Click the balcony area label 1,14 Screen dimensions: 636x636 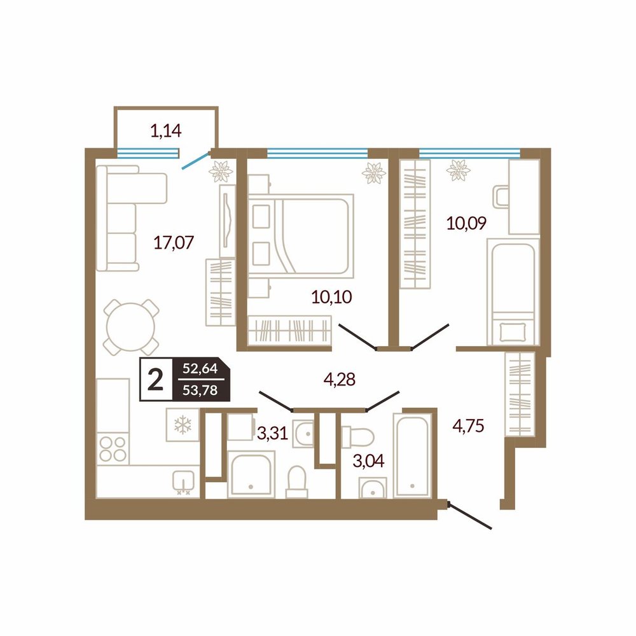point(165,131)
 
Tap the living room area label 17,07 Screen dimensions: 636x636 point(174,242)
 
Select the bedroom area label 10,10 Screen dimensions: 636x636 point(331,297)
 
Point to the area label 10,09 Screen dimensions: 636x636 point(466,223)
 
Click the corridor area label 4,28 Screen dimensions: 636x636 point(340,380)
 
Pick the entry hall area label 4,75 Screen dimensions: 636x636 point(468,426)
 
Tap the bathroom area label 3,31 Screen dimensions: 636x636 point(272,434)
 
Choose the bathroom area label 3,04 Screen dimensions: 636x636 point(368,460)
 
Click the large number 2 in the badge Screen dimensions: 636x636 point(155,380)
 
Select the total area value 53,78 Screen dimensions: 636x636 point(200,391)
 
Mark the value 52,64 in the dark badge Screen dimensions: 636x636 point(200,369)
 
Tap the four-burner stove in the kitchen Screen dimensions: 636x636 point(113,448)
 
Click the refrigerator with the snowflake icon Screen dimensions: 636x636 point(183,425)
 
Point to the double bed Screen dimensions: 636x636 point(301,236)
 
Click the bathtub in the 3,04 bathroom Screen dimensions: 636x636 point(411,455)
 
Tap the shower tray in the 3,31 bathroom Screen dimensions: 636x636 point(251,474)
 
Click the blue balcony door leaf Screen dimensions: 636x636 point(195,160)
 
